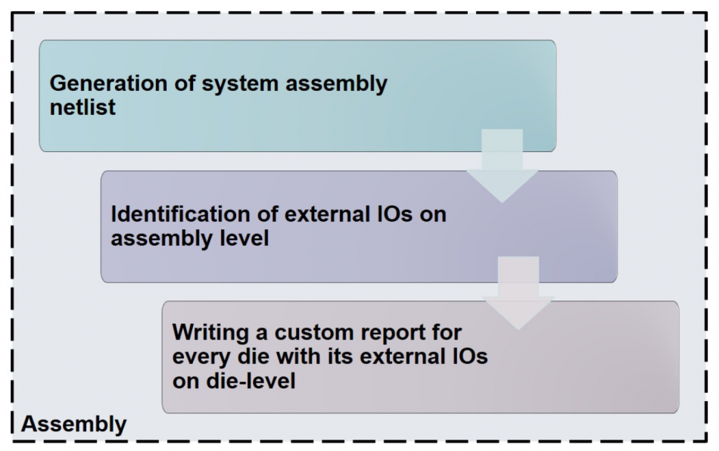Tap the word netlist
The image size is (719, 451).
[82, 107]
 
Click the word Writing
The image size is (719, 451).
[210, 333]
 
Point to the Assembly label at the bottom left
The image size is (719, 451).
[74, 424]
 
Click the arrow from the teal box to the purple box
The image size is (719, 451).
[502, 165]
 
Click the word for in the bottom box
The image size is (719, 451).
[447, 332]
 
